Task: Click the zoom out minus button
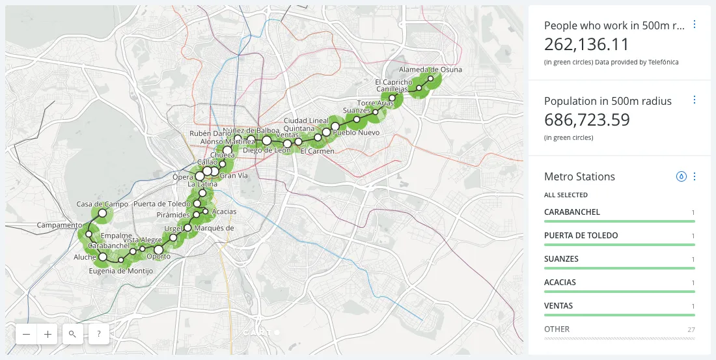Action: click(x=27, y=334)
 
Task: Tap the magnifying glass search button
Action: click(x=72, y=334)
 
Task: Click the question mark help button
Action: click(x=98, y=334)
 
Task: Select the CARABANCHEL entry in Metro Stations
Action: click(x=572, y=212)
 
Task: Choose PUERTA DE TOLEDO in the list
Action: click(x=581, y=236)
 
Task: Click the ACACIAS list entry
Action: click(x=560, y=283)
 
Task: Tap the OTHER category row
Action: click(x=557, y=329)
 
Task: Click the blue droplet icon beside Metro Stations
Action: click(x=682, y=176)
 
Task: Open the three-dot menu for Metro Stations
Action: click(x=695, y=176)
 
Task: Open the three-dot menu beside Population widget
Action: click(x=695, y=100)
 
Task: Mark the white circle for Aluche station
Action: click(x=102, y=257)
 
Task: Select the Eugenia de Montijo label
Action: click(x=116, y=271)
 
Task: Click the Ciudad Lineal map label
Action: click(x=306, y=120)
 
